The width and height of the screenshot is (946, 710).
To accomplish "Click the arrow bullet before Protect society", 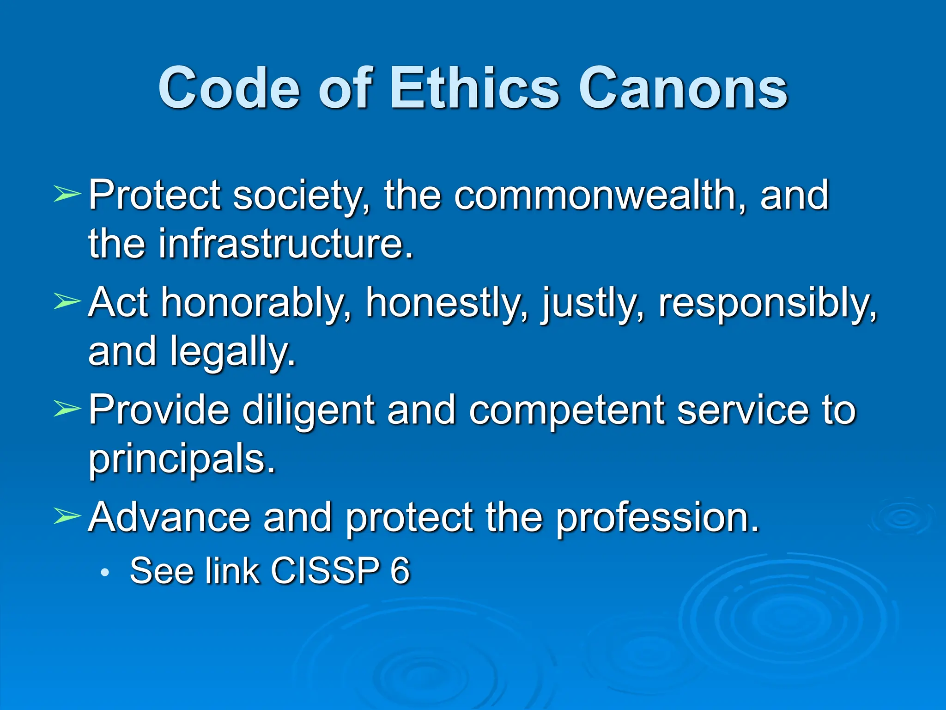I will [67, 194].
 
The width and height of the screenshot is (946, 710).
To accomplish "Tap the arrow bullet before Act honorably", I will [67, 301].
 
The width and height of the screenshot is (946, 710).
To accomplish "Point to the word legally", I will [233, 352].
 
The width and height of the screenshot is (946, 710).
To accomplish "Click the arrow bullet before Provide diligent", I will [67, 409].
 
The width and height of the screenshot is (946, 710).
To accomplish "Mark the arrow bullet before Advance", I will [67, 516].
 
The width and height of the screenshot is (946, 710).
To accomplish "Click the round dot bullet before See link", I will [105, 573].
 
